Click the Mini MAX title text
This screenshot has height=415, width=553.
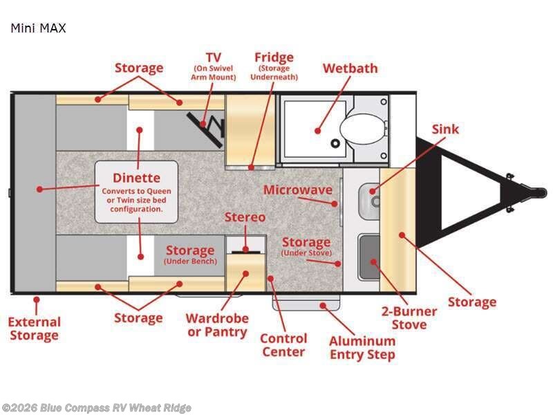(x=39, y=28)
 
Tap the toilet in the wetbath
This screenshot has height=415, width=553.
(x=362, y=129)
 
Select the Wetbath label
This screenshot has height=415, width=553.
(x=350, y=68)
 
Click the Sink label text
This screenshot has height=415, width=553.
(x=445, y=129)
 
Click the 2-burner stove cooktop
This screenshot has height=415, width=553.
(x=369, y=257)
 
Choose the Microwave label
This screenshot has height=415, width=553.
(x=298, y=190)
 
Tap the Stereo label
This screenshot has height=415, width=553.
(x=245, y=217)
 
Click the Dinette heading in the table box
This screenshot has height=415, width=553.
(x=136, y=178)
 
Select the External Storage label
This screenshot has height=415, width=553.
(x=34, y=329)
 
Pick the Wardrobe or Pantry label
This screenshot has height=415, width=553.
(x=217, y=325)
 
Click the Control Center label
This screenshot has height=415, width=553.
(x=284, y=345)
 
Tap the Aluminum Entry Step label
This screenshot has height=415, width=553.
(x=362, y=348)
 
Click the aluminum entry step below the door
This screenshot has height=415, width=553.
(x=306, y=303)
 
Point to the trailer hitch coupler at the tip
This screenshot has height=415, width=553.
(x=538, y=193)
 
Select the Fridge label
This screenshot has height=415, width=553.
(x=274, y=57)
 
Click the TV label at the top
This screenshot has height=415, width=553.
(x=214, y=57)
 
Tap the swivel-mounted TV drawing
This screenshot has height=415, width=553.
(x=205, y=129)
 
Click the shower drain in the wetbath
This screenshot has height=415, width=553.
(x=335, y=143)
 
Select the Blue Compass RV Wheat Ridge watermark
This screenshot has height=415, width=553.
(x=96, y=408)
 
